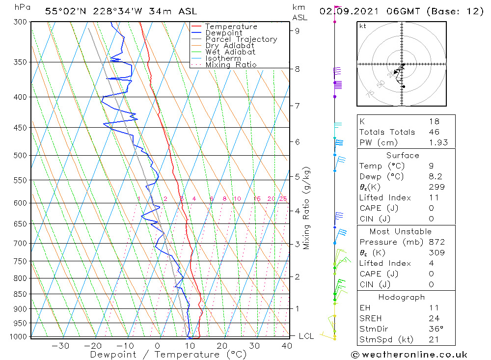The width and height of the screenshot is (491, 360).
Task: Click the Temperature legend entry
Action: pyautogui.click(x=231, y=27)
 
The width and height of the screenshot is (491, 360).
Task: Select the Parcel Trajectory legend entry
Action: pyautogui.click(x=241, y=39)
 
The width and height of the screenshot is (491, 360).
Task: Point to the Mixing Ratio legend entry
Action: pyautogui.click(x=231, y=65)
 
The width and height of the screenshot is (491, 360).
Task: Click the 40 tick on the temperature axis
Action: pyautogui.click(x=287, y=346)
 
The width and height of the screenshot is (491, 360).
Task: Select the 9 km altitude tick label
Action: pyautogui.click(x=298, y=30)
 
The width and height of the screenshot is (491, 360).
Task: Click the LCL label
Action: pyautogui.click(x=306, y=336)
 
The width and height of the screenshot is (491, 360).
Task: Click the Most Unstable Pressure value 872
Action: pyautogui.click(x=436, y=242)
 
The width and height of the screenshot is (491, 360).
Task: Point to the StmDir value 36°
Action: pyautogui.click(x=435, y=329)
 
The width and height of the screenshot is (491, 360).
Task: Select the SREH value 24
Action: pyautogui.click(x=434, y=318)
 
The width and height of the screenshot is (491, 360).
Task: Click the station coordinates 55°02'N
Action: pyautogui.click(x=66, y=11)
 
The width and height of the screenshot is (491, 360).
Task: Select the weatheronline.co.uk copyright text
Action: pyautogui.click(x=409, y=355)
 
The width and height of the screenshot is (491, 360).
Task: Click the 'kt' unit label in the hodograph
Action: pyautogui.click(x=363, y=26)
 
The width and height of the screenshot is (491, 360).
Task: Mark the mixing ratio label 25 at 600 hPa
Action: pyautogui.click(x=283, y=198)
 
